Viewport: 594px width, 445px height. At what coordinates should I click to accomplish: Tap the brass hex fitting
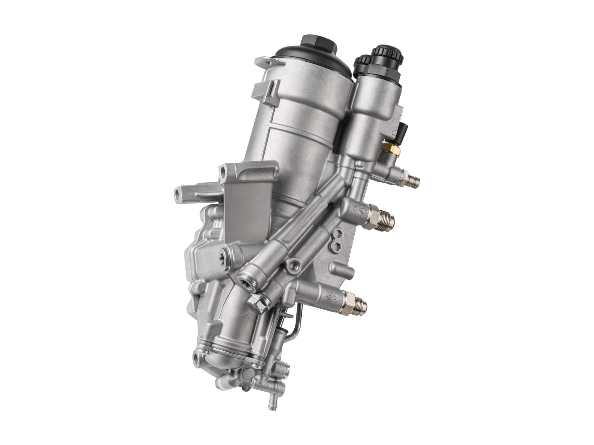(x=392, y=147)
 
